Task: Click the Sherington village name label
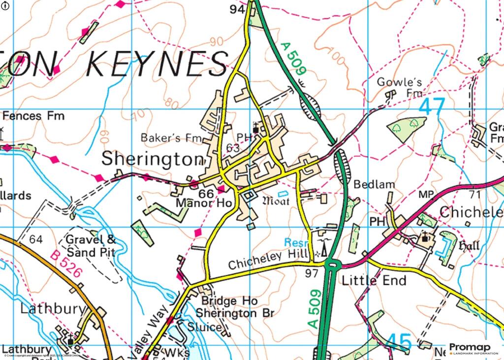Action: point(152,159)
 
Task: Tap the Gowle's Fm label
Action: point(400,87)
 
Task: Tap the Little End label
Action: point(374,281)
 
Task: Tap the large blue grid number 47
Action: point(432,107)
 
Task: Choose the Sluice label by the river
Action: point(203,327)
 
